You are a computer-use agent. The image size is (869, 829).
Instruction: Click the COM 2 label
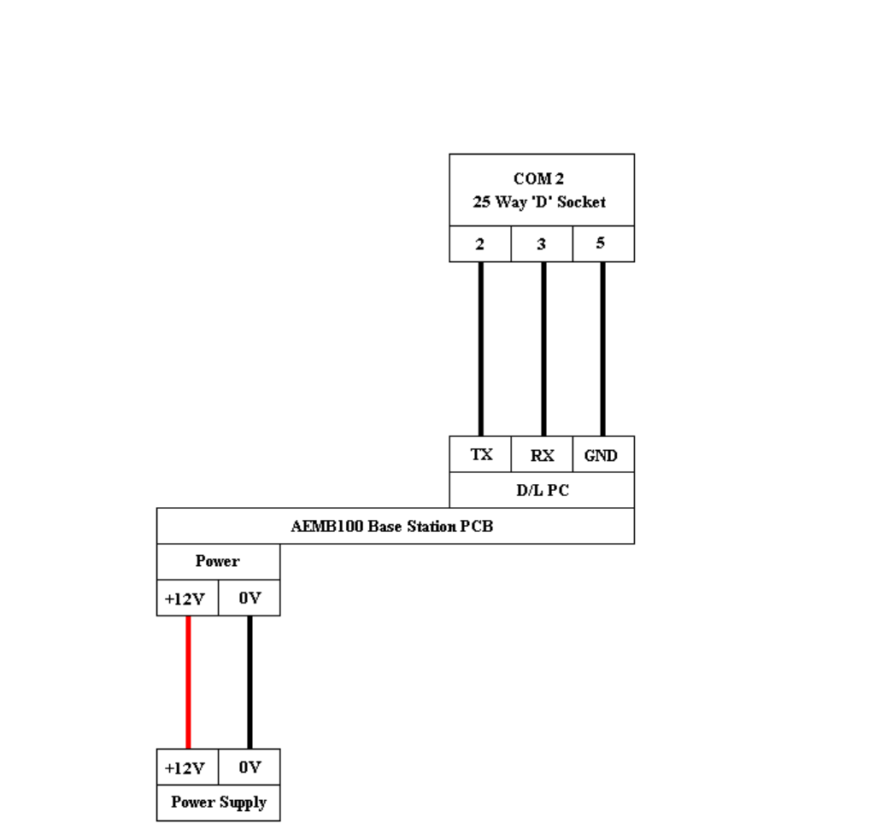pyautogui.click(x=538, y=179)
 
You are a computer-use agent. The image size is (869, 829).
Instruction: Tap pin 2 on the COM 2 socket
pyautogui.click(x=480, y=244)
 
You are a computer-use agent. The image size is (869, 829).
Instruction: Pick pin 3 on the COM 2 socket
pyautogui.click(x=542, y=244)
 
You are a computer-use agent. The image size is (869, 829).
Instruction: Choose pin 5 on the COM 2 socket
pyautogui.click(x=602, y=244)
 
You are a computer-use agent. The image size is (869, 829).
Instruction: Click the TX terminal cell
pyautogui.click(x=481, y=454)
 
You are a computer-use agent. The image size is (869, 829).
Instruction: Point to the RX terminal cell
pyautogui.click(x=542, y=455)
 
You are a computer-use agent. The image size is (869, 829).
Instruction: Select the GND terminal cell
pyautogui.click(x=602, y=455)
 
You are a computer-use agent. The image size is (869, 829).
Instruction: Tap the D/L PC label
pyautogui.click(x=542, y=491)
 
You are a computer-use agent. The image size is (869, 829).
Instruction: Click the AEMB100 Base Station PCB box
pyautogui.click(x=392, y=526)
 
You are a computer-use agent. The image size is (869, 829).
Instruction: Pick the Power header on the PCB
pyautogui.click(x=218, y=562)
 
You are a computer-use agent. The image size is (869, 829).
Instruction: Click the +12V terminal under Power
pyautogui.click(x=185, y=598)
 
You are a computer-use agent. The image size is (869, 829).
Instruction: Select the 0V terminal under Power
pyautogui.click(x=249, y=598)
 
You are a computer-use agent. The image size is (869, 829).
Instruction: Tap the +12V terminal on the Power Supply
pyautogui.click(x=185, y=768)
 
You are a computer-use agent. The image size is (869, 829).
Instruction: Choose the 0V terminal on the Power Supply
pyautogui.click(x=249, y=768)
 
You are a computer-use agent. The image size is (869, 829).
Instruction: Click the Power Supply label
pyautogui.click(x=218, y=803)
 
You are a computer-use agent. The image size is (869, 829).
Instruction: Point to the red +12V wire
pyautogui.click(x=188, y=683)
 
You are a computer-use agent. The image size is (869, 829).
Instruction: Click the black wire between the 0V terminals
pyautogui.click(x=250, y=683)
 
